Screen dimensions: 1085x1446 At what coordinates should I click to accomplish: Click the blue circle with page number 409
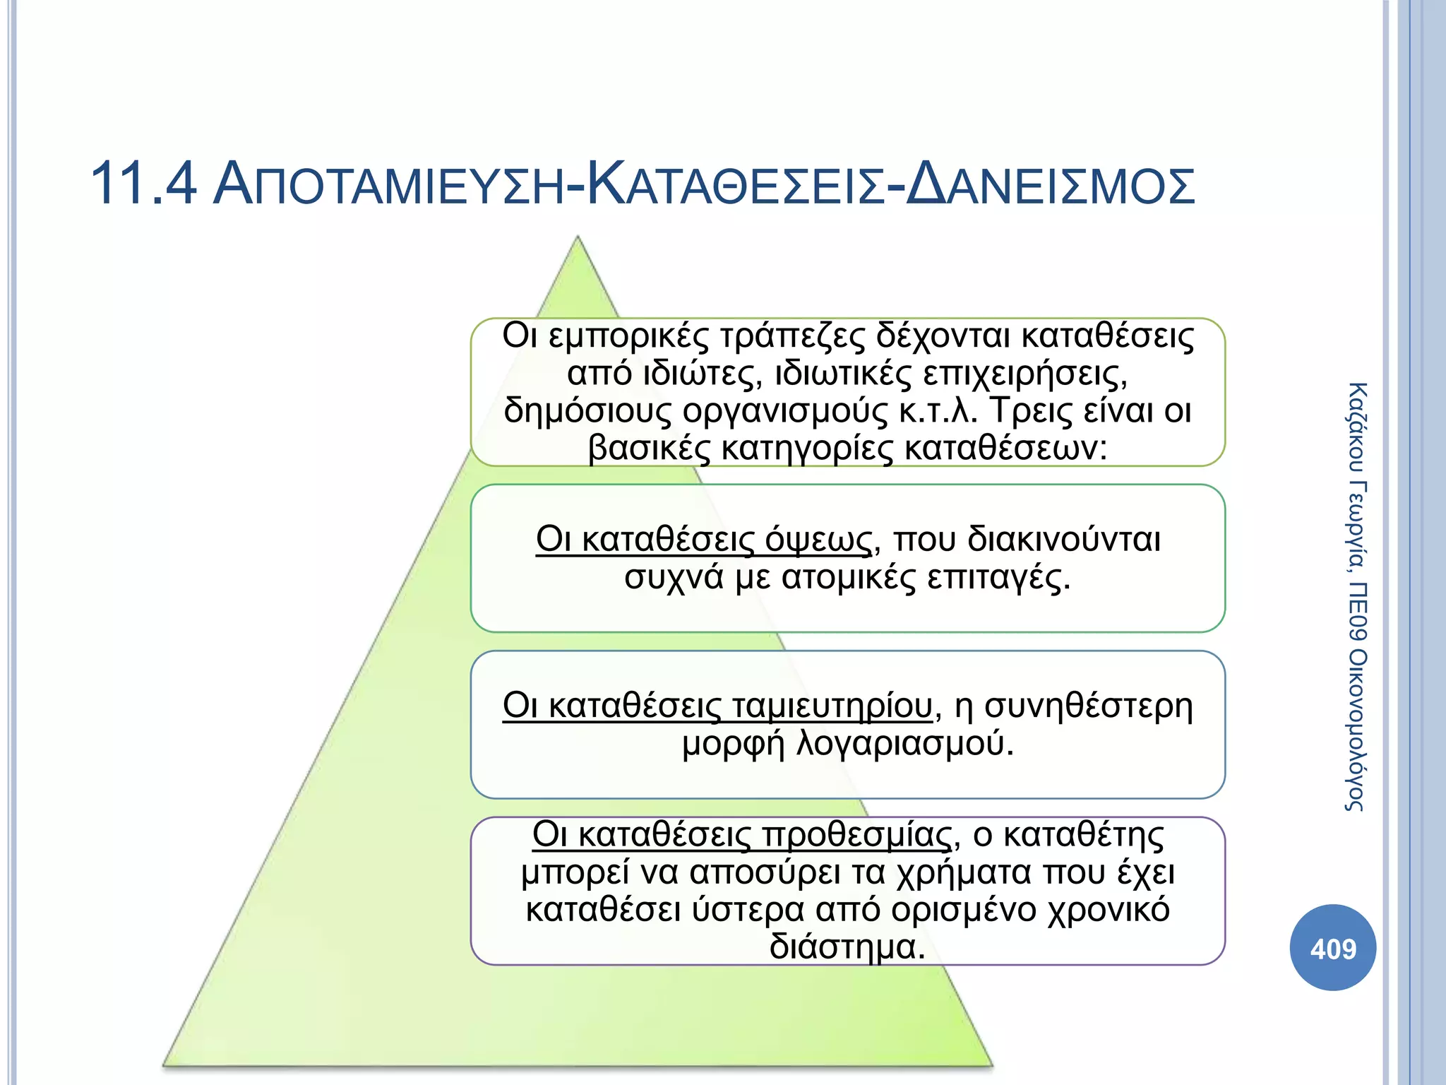(1332, 948)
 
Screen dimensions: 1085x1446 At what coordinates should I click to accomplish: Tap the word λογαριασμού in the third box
(904, 743)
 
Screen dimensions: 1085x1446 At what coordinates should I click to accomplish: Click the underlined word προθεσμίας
(856, 835)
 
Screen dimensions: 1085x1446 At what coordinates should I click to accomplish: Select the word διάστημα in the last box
(847, 947)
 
